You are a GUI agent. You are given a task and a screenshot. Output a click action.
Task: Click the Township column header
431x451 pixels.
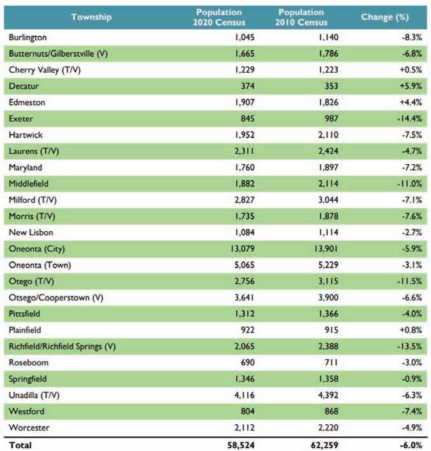coord(91,17)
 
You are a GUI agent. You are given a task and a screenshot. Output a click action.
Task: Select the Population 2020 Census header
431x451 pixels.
coord(219,17)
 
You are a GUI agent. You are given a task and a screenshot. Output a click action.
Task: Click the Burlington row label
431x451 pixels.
coord(27,38)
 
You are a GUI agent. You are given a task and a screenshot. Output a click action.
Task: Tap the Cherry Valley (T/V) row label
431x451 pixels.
coord(44,70)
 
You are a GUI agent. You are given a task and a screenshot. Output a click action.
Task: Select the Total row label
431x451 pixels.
coord(20,445)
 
